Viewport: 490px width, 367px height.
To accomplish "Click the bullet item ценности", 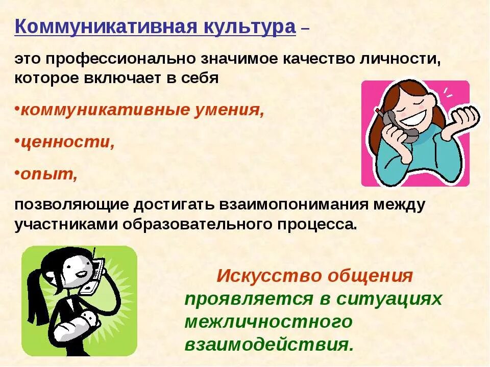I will pyautogui.click(x=66, y=142).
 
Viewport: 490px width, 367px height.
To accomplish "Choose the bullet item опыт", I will pyautogui.click(x=48, y=174).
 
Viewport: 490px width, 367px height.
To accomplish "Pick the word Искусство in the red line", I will pyautogui.click(x=267, y=276).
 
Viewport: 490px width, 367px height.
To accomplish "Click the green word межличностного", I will pyautogui.click(x=268, y=322).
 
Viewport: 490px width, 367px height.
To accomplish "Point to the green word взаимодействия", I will pyautogui.click(x=268, y=344).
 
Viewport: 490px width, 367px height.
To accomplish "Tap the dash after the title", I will pyautogui.click(x=305, y=29).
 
